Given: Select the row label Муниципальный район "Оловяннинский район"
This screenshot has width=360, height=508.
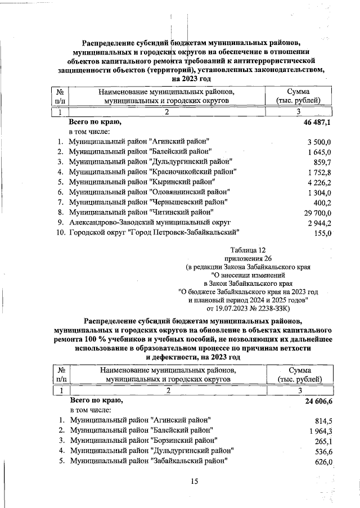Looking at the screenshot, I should point(149,192).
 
